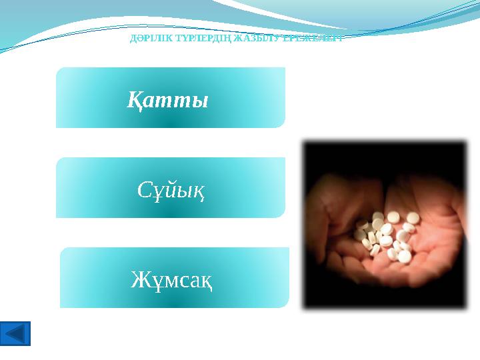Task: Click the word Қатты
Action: tap(168, 101)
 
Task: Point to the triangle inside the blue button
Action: tap(16, 333)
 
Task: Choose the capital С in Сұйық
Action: tap(145, 191)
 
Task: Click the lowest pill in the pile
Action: tap(403, 257)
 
